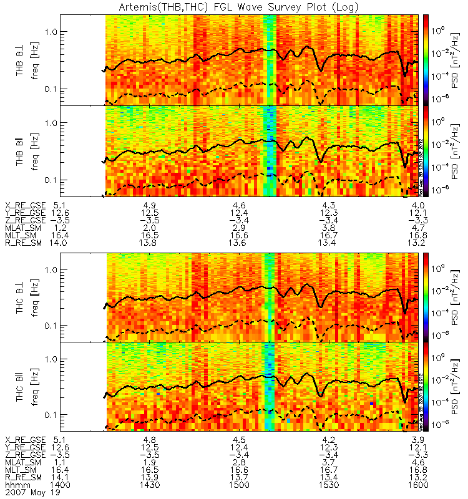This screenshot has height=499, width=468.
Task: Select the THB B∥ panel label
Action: coord(20,152)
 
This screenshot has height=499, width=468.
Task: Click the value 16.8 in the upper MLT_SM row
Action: coord(417,236)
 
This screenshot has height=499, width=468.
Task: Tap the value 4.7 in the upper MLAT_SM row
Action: coord(417,229)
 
